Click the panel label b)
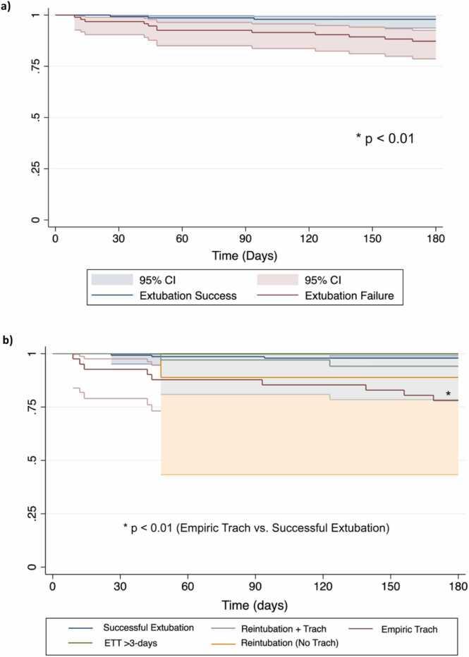pyautogui.click(x=8, y=340)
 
